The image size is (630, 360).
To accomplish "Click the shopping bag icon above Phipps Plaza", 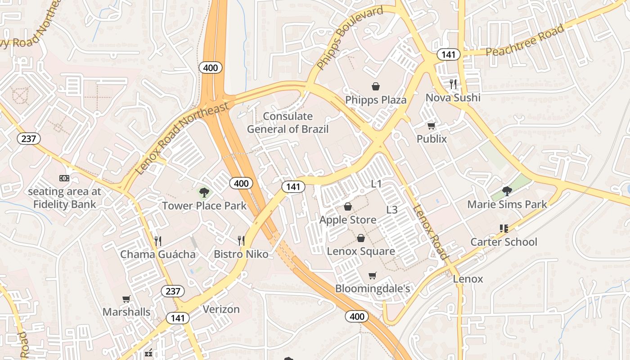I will (x=376, y=86).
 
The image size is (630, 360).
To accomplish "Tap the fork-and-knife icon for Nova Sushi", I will (x=453, y=84).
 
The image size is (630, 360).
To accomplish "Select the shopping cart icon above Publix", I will (x=432, y=126).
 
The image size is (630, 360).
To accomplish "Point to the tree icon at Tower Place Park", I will (x=204, y=193).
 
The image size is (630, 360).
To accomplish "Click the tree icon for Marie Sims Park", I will (x=507, y=191).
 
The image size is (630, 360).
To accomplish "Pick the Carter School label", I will (x=504, y=242).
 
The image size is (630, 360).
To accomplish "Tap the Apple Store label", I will (x=348, y=220).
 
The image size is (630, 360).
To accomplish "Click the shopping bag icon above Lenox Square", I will (x=361, y=238).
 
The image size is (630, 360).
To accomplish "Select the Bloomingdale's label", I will (x=373, y=288).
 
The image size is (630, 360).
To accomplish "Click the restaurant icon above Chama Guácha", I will (x=157, y=241).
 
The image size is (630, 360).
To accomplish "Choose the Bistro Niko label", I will (x=241, y=254).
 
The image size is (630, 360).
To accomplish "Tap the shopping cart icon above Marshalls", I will (x=126, y=299).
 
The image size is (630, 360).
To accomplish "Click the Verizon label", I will (x=221, y=310).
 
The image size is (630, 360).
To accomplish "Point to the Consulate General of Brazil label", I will (x=288, y=123).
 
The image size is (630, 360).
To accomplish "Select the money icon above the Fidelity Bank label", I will (x=64, y=178).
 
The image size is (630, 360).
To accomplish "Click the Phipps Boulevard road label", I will (x=349, y=38).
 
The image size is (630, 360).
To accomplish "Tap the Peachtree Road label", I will (x=525, y=40).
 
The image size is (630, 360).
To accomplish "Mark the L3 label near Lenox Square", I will (x=392, y=210).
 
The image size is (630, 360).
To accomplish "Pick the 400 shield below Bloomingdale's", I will (x=357, y=316).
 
